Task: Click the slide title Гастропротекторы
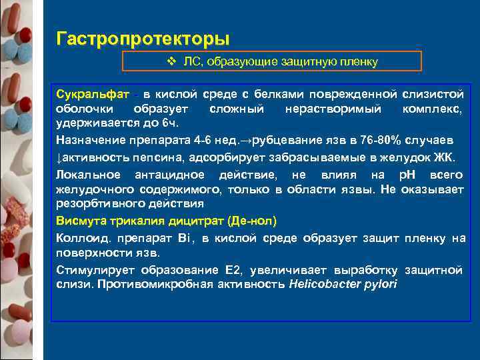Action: [x=143, y=37]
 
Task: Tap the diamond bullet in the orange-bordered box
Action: [x=171, y=61]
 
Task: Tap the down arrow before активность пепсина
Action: [x=59, y=157]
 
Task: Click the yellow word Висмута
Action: [x=80, y=221]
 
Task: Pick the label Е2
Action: [x=232, y=270]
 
